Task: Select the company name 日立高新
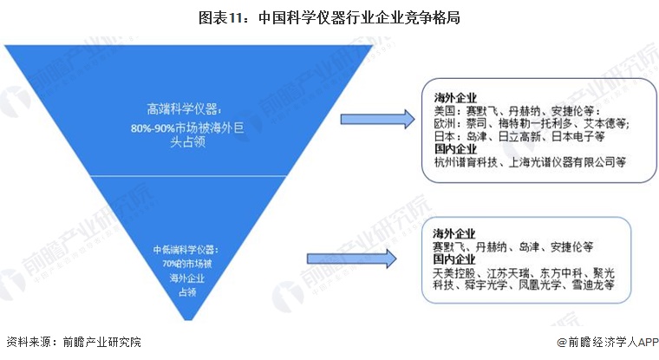(x=527, y=137)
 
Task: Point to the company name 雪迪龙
(x=589, y=285)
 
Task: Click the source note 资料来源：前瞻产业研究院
(x=74, y=344)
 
